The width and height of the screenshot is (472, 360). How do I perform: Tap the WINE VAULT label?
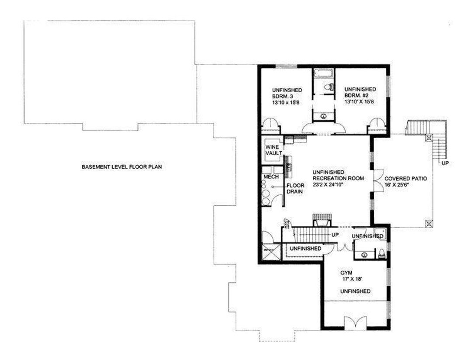[272, 150]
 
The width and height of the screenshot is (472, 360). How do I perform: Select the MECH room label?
[269, 177]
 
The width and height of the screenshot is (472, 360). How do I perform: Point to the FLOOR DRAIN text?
[295, 188]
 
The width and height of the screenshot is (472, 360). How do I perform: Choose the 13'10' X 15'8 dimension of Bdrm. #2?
[360, 101]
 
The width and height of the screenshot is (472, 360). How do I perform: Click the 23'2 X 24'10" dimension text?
[333, 185]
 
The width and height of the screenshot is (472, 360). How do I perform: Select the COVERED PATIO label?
[405, 179]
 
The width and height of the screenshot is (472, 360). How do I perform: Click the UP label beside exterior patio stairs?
[445, 163]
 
